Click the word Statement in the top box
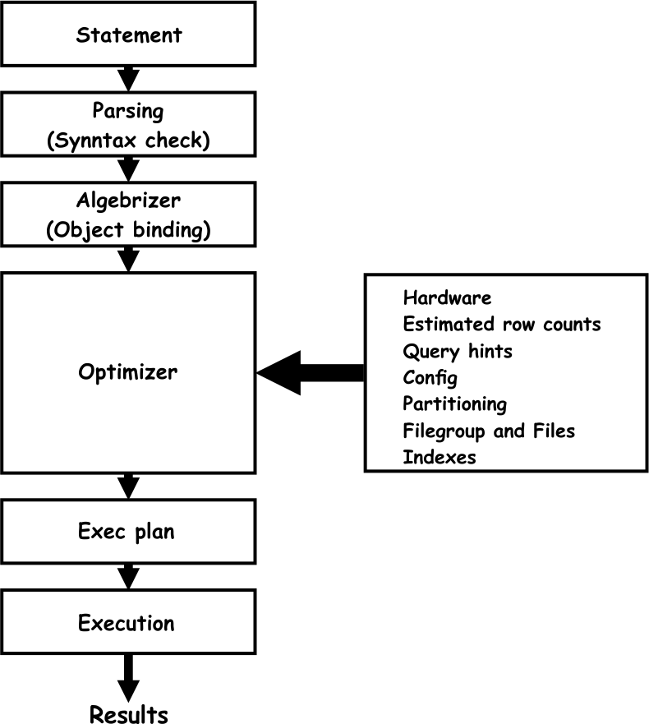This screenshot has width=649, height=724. pos(128,35)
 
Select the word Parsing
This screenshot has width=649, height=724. pos(128,111)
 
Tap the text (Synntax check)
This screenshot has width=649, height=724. pos(128,140)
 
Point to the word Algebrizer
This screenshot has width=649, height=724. pos(128,201)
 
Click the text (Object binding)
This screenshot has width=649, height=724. pos(128,229)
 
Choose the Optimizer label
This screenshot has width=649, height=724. pos(128,371)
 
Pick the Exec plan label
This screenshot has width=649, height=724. pos(127,531)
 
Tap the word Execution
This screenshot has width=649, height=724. pos(127,622)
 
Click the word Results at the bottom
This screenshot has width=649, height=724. pos(128,713)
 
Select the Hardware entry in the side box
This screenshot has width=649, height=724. pos(447,297)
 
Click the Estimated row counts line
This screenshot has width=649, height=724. pos(501,324)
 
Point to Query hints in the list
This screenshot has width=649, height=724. pos(457,351)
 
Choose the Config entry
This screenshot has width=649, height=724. pos(430,378)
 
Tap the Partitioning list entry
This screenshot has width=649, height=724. pos(454,404)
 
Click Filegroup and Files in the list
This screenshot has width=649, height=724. pos(489,431)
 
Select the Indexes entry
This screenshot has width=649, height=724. pos(439,457)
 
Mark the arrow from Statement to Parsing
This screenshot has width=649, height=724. pos(128,78)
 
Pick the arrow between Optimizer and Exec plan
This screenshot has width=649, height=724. pos(128,486)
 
